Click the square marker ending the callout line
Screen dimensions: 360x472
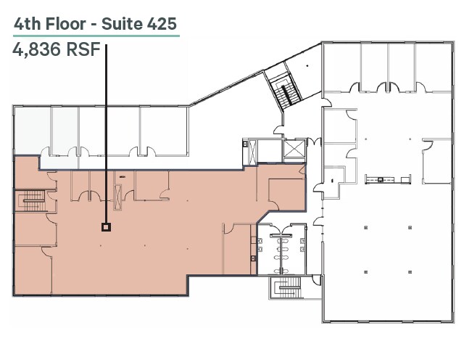click(x=106, y=227)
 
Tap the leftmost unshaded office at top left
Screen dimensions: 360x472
click(x=32, y=131)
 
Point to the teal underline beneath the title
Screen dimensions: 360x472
click(x=95, y=35)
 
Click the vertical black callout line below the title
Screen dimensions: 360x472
click(x=107, y=131)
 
